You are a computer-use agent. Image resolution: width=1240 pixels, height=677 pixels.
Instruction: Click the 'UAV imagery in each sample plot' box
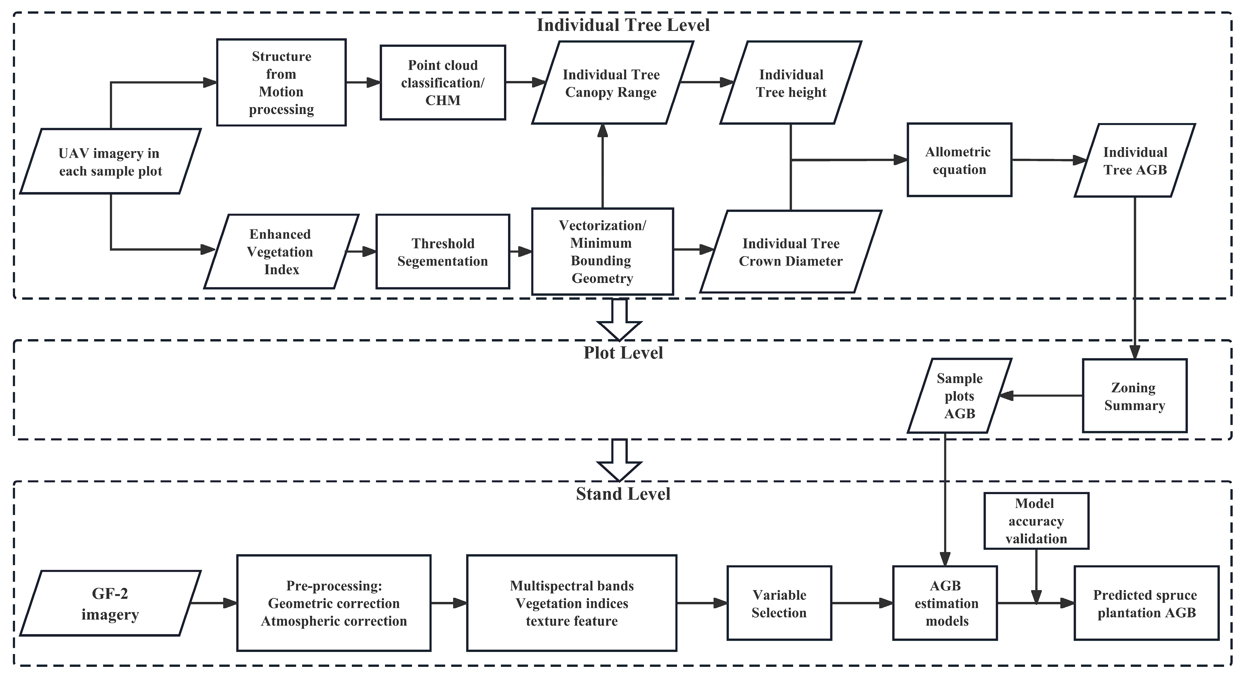tap(110, 161)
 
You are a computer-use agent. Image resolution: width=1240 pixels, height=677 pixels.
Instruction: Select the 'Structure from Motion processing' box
tap(281, 82)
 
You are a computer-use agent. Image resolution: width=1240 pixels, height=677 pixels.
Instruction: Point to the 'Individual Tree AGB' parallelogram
tap(1135, 160)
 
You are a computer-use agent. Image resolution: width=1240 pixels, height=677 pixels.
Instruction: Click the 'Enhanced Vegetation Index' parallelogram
tap(281, 251)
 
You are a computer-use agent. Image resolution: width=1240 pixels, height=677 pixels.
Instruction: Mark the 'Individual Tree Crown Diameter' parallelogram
tap(791, 252)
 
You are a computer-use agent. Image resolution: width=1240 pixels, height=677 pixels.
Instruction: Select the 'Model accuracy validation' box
tap(1036, 521)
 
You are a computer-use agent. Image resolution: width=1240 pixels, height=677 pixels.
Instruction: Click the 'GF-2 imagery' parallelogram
tap(110, 603)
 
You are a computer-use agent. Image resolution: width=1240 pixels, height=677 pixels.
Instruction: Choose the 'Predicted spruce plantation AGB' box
tap(1146, 603)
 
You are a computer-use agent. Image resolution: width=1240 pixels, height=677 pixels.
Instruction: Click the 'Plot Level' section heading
tap(623, 353)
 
